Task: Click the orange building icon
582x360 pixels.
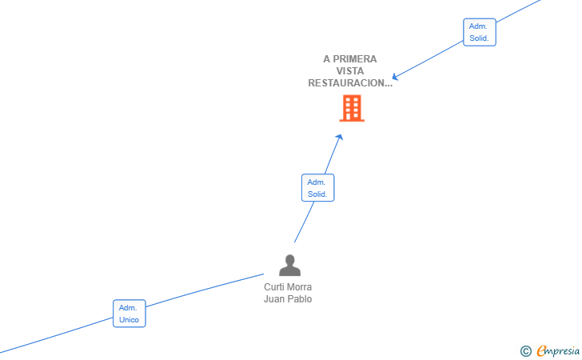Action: (x=352, y=108)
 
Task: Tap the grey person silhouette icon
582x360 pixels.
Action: (x=289, y=266)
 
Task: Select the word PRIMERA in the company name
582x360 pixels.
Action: (x=354, y=59)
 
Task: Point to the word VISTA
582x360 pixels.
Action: (x=350, y=71)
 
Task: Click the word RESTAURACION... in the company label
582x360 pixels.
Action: (x=350, y=83)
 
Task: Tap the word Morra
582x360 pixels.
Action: (x=300, y=287)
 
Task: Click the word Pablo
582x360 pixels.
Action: (x=299, y=299)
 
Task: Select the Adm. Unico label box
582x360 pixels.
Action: (x=130, y=314)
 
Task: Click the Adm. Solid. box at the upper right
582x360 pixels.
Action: (x=480, y=32)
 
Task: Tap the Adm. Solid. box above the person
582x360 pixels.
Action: (x=317, y=188)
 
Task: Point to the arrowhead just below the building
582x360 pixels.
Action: (x=340, y=137)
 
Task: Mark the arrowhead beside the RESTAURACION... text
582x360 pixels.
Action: (x=395, y=77)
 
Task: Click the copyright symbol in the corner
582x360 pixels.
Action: (x=525, y=351)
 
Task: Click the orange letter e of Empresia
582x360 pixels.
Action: (x=541, y=350)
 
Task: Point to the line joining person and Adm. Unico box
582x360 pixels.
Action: (x=205, y=290)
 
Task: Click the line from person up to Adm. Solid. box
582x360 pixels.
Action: (x=304, y=222)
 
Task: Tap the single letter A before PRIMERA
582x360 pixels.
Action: (x=327, y=59)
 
